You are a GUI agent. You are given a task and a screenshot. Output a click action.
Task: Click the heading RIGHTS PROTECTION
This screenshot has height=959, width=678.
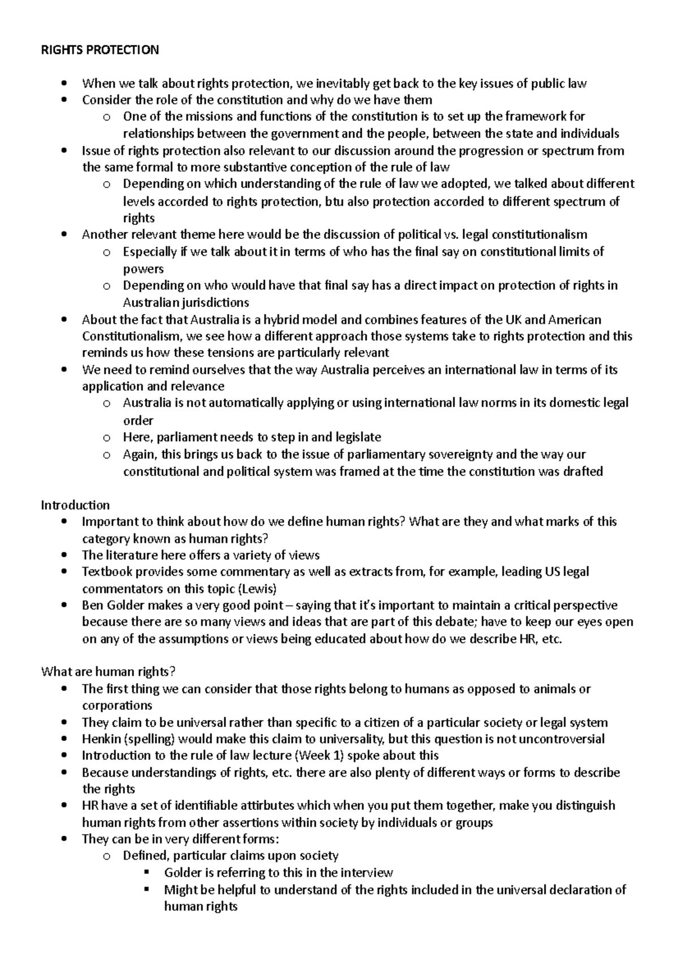[100, 50]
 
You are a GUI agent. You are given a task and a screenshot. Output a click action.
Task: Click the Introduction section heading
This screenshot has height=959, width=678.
[75, 505]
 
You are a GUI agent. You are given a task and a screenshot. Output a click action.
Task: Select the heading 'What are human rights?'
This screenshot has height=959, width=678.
[108, 672]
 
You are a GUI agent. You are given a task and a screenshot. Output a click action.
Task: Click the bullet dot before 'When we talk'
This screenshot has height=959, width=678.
[67, 84]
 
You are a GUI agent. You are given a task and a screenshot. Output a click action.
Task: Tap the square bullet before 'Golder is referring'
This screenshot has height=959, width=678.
[148, 873]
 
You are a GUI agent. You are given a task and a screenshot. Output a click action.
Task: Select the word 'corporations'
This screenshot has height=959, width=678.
[117, 706]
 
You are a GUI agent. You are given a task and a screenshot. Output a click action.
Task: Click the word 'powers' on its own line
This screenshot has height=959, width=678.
[144, 269]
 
